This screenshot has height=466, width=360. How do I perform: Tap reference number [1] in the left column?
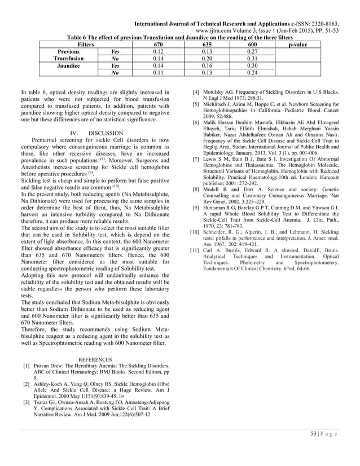pos(27,366)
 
